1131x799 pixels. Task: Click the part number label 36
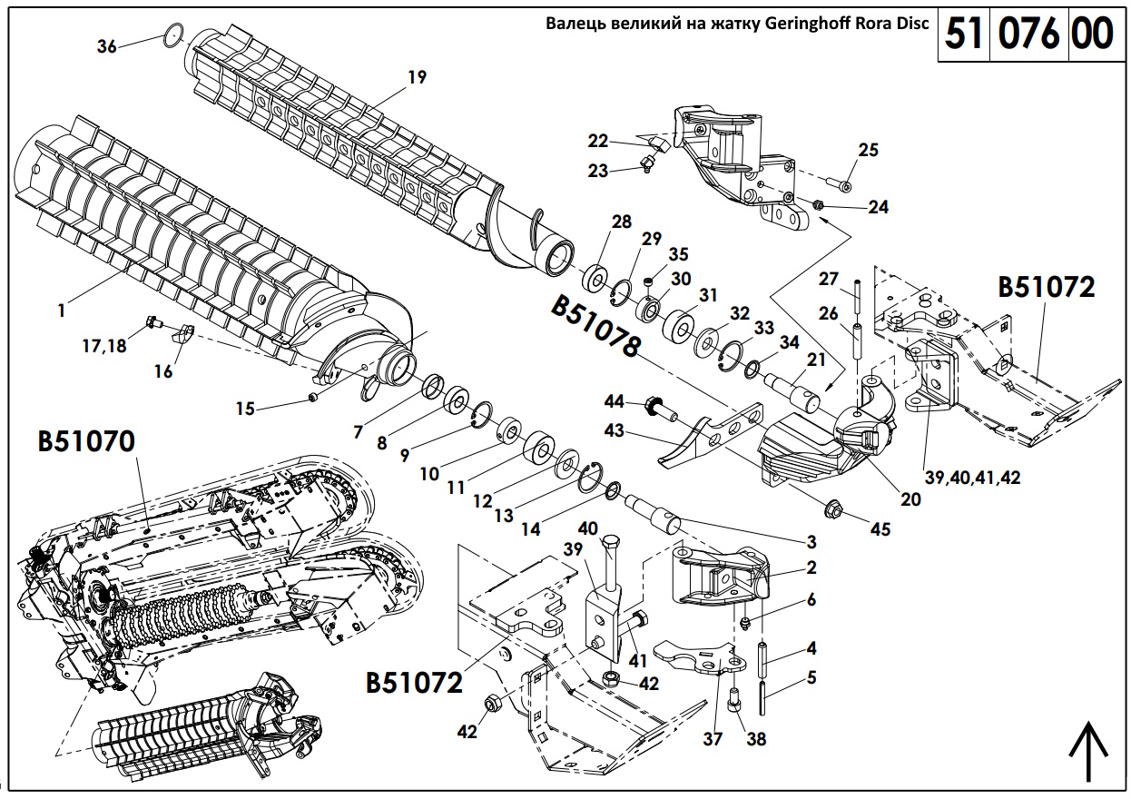[x=107, y=46]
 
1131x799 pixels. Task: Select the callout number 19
[x=417, y=77]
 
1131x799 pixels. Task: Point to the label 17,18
[x=104, y=346]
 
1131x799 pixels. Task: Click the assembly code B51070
[x=86, y=442]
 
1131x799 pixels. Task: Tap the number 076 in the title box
[x=1029, y=34]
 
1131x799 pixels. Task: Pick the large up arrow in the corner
[x=1090, y=753]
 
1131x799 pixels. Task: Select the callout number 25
[x=869, y=150]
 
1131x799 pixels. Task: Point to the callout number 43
[x=615, y=430]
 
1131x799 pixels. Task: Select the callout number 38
[x=756, y=739]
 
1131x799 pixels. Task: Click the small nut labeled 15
[x=313, y=398]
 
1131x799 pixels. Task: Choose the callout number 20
[x=910, y=498]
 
